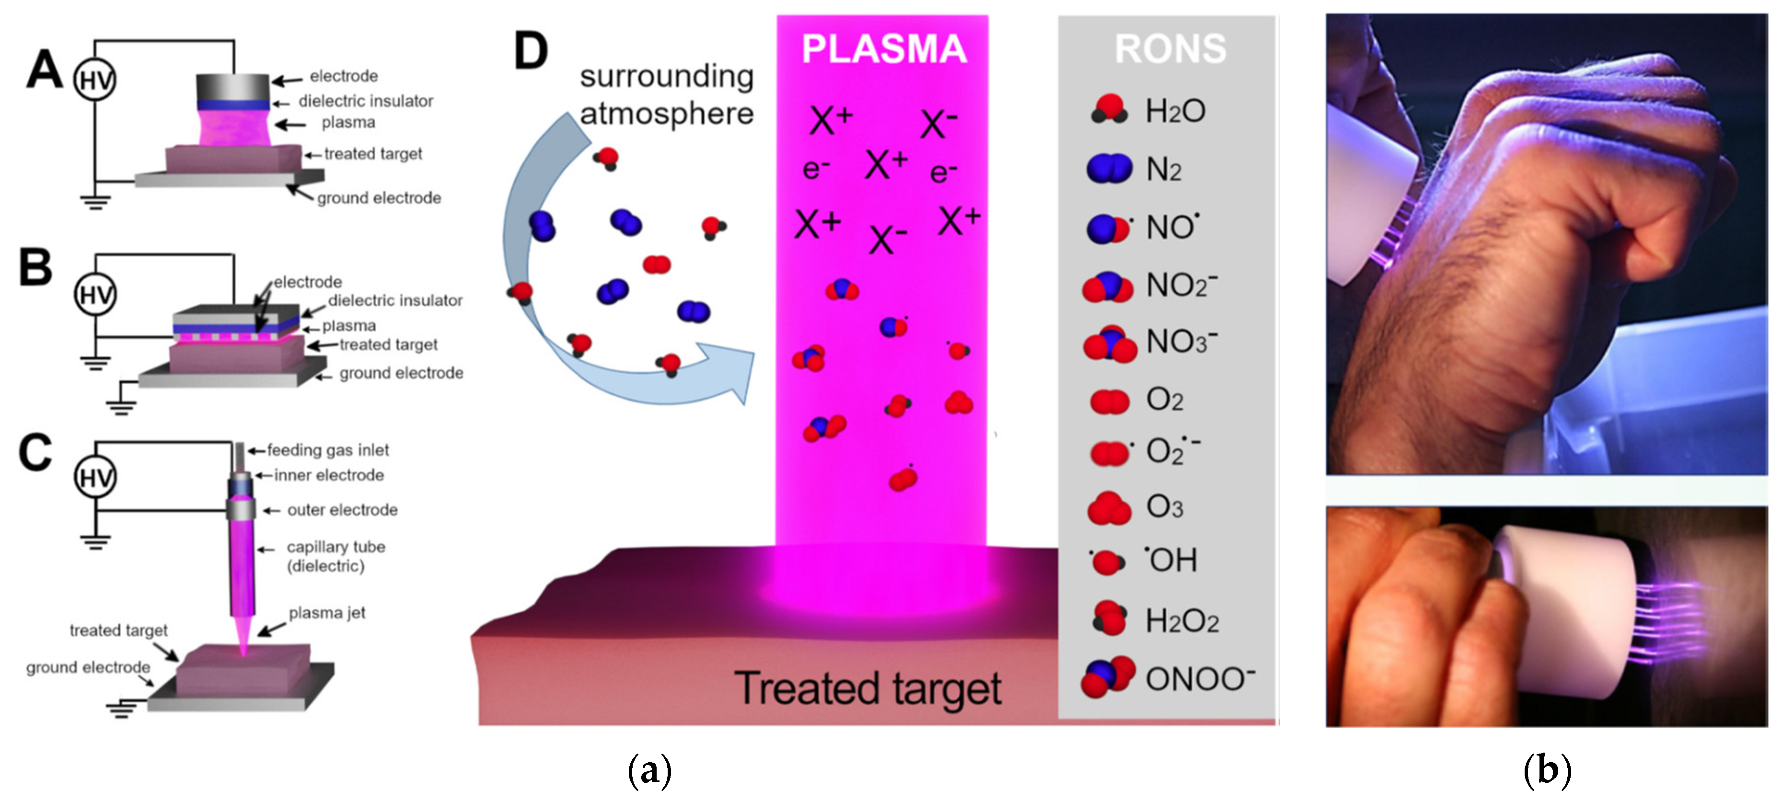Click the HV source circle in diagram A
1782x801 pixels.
[95, 80]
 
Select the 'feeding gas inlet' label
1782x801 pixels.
[328, 450]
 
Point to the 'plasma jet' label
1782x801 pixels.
[326, 613]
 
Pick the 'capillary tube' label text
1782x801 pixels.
[336, 547]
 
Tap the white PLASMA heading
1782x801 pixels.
[883, 49]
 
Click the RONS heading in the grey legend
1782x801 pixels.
[1170, 49]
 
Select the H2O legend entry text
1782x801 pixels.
[1175, 111]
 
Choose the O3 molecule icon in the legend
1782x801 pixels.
[1109, 508]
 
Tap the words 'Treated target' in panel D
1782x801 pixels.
[868, 688]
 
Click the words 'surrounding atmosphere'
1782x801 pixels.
[666, 95]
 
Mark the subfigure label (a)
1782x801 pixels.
[649, 770]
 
